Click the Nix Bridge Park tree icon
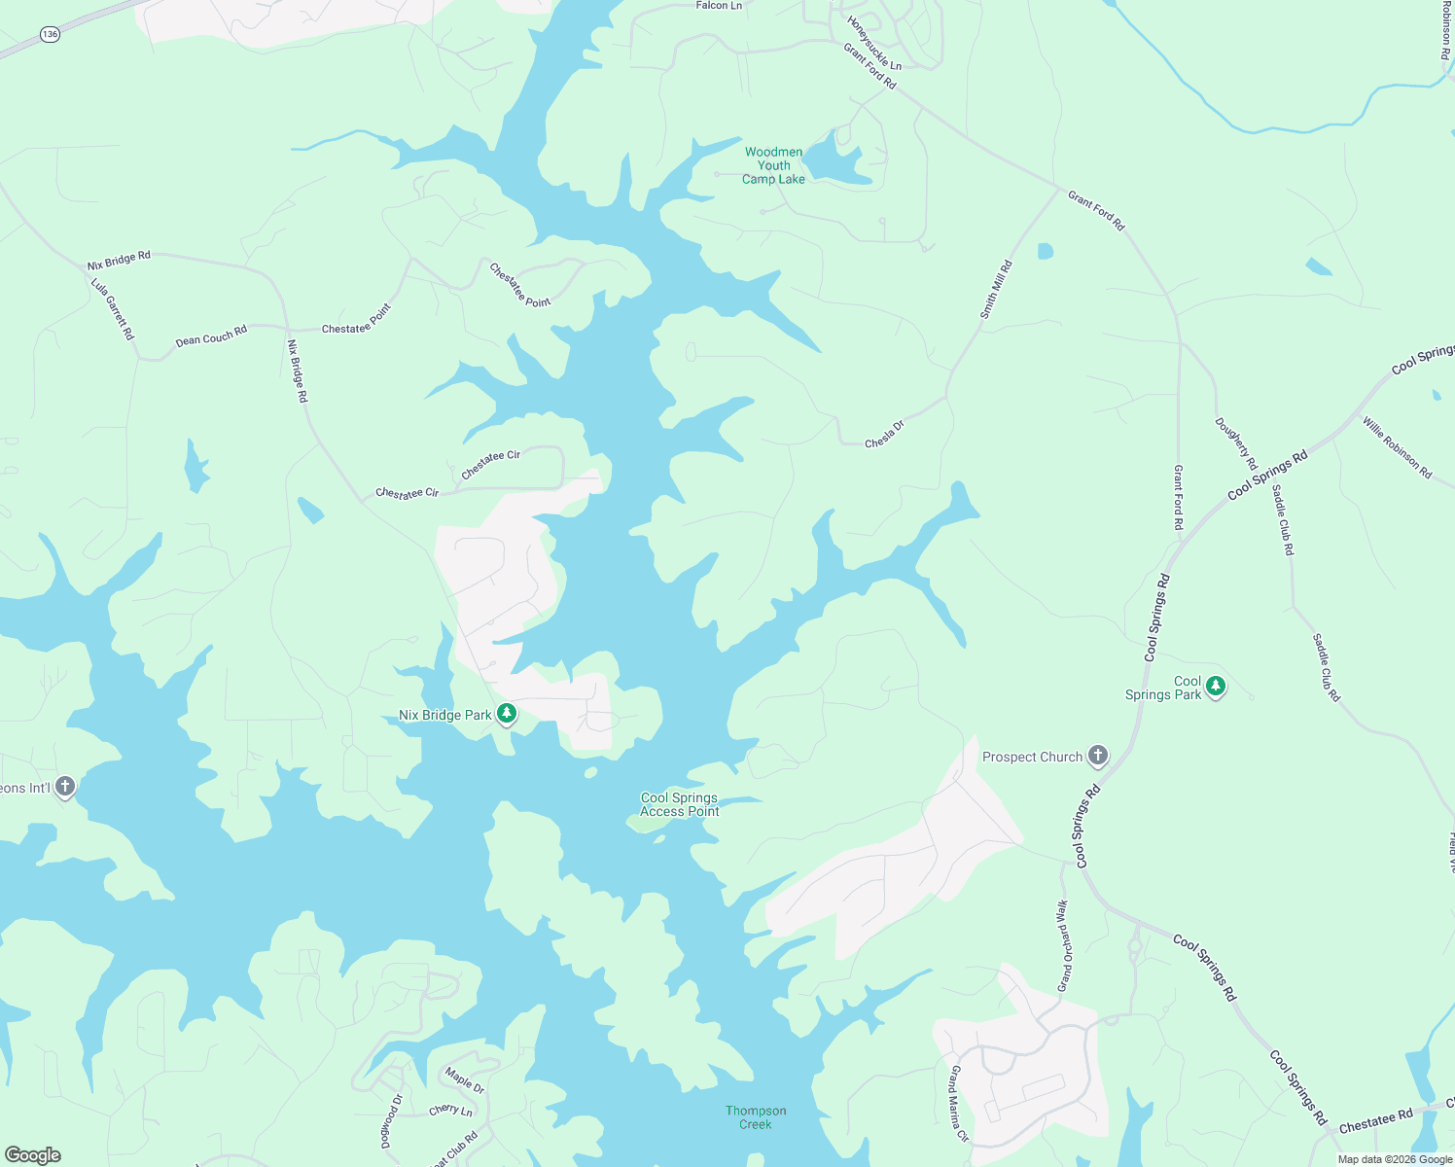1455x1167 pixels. [x=506, y=715]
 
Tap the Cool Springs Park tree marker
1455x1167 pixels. [x=1216, y=687]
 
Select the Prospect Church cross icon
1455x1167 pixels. [x=1097, y=756]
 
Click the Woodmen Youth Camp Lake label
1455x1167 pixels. [x=773, y=165]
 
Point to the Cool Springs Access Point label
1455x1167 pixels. [x=679, y=804]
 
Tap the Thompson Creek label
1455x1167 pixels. [x=756, y=1117]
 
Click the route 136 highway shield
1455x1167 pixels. [x=51, y=34]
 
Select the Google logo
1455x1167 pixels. [x=33, y=1154]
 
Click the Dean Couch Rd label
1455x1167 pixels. [x=211, y=336]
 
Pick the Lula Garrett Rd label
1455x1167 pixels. [x=113, y=309]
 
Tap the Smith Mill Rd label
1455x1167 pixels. [x=996, y=290]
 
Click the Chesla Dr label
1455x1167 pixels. [x=884, y=434]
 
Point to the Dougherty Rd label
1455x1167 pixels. [x=1235, y=443]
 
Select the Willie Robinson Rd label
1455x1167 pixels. [x=1397, y=447]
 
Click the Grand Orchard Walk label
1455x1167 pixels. [x=1063, y=945]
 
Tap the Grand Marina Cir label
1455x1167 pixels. [x=959, y=1103]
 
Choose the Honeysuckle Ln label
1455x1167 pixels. [x=873, y=44]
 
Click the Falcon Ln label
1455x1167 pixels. [x=719, y=6]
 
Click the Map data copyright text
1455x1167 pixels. [x=1395, y=1158]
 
